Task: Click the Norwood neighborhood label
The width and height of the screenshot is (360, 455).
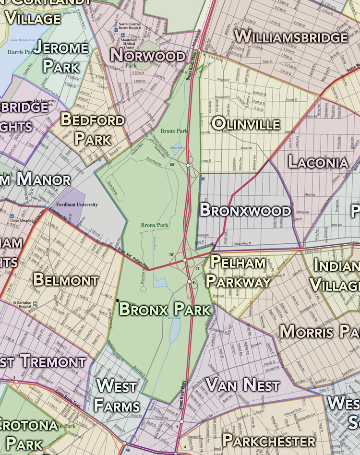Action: tap(148, 55)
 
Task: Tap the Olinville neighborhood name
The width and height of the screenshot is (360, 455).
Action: tap(245, 123)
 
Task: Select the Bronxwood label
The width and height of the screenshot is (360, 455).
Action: tap(245, 210)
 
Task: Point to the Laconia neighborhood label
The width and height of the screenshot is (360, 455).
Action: tap(318, 162)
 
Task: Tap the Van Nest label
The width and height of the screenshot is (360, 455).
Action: tap(242, 384)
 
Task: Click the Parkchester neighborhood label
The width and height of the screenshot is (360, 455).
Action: tap(269, 440)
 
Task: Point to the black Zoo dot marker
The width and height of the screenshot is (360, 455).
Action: tap(118, 300)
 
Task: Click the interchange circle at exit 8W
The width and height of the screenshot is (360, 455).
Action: tap(188, 165)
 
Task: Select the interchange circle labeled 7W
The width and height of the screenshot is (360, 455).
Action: tap(185, 260)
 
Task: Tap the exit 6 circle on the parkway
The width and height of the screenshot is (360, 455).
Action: tap(189, 282)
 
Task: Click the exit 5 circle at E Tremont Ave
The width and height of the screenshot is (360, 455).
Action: tap(181, 421)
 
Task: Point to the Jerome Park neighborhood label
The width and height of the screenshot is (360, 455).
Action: tap(60, 57)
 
